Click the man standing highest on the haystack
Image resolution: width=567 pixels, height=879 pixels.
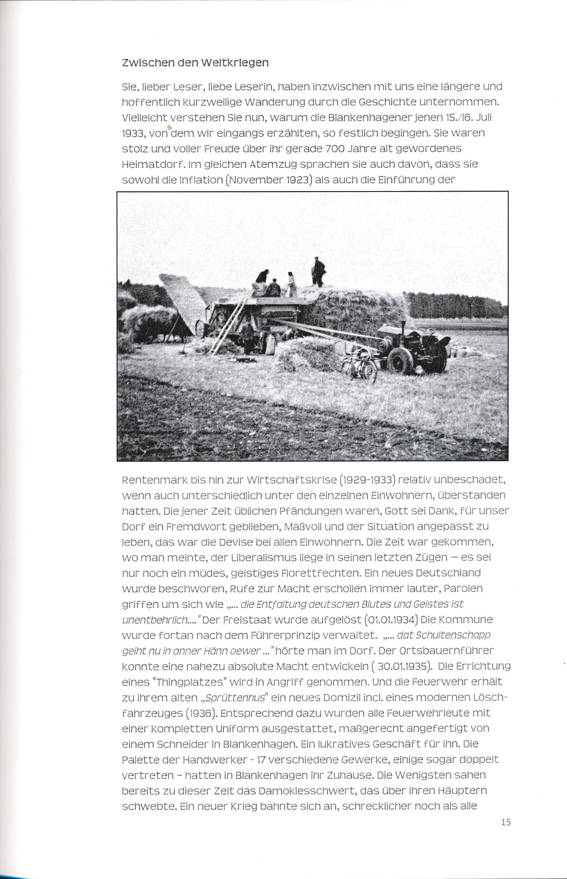pos(318,271)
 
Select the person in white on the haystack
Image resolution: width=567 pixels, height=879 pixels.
pos(292,284)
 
